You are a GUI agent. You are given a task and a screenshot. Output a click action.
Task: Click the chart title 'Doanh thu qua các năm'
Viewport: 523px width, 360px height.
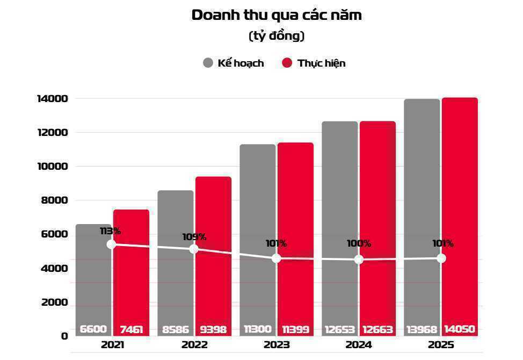277,15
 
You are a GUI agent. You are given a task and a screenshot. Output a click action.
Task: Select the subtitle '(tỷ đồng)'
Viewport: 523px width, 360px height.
277,36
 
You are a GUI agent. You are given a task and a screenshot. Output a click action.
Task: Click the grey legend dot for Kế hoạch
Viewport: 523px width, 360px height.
208,63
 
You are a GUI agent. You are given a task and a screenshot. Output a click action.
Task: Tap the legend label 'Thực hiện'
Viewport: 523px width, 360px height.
321,63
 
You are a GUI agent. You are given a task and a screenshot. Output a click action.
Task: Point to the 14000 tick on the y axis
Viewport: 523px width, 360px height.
52,98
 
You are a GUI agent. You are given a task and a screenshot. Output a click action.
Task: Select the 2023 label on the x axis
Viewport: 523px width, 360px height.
277,345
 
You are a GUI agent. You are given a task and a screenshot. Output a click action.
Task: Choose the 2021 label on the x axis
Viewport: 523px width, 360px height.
112,345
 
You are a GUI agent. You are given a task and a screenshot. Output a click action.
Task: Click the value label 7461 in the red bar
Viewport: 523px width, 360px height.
131,329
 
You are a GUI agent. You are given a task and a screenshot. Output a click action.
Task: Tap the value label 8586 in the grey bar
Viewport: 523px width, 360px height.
175,329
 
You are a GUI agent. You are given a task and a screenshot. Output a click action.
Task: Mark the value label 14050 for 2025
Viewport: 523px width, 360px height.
459,329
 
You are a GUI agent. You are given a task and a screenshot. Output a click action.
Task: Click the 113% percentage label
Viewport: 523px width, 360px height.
111,231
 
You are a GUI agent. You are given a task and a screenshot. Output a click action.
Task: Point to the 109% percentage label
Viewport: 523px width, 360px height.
194,237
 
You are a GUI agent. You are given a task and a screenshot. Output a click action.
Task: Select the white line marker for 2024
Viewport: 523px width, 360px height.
359,260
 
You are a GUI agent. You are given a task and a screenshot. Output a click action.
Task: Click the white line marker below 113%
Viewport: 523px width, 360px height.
111,244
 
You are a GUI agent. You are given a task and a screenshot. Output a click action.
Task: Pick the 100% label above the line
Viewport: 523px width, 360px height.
359,243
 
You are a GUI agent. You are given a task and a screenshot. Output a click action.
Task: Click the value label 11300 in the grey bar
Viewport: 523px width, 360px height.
257,329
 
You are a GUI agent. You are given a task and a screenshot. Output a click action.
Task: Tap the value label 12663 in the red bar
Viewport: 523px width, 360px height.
377,329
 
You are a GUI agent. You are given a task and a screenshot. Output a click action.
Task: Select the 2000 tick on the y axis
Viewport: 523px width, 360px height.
54,302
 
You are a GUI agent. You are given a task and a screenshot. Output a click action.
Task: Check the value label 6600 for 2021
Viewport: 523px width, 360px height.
93,329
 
